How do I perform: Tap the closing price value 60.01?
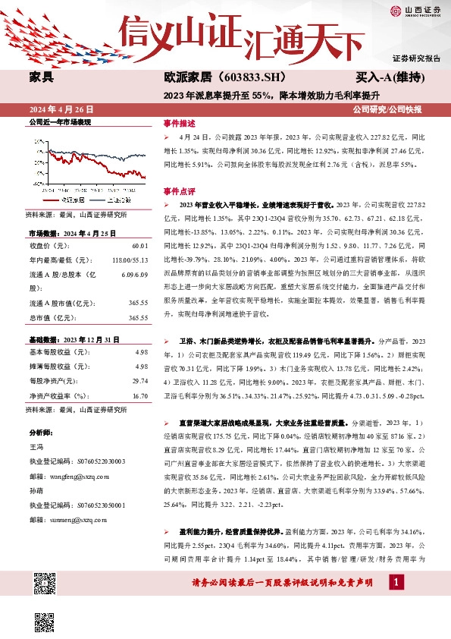pyautogui.click(x=140, y=246)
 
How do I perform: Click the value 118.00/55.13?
pyautogui.click(x=130, y=260)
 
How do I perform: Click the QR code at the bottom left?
pyautogui.click(x=45, y=584)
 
